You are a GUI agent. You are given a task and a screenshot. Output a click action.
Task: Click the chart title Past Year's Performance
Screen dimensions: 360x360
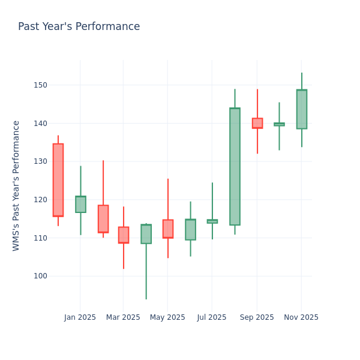79,27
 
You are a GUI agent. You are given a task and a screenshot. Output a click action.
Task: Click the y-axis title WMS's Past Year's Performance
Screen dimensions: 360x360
16,185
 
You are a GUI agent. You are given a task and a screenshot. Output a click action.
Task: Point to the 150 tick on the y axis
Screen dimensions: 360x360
41,85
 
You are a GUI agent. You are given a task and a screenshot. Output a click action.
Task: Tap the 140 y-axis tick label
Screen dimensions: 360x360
41,123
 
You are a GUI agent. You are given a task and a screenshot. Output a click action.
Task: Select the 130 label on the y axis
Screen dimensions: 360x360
41,161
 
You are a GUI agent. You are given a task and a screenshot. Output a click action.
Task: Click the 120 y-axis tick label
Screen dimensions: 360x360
41,200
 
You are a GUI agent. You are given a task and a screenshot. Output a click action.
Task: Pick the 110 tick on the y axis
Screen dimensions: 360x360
41,238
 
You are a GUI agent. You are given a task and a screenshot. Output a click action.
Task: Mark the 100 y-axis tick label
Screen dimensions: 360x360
41,276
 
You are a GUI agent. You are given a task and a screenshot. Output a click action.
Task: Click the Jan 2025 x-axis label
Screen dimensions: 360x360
80,317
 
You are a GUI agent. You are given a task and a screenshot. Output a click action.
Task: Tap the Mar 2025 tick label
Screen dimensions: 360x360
123,317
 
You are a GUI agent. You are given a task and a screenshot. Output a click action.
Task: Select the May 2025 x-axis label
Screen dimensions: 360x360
167,317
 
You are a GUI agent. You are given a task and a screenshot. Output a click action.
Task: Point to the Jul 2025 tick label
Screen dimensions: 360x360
212,317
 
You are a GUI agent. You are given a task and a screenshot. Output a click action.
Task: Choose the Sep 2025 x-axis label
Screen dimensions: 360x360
257,317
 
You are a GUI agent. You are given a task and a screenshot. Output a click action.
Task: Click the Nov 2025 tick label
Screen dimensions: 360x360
301,317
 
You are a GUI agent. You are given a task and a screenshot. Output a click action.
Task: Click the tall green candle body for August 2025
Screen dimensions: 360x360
235,166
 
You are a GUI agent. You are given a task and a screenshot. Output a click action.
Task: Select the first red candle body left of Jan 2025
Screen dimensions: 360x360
58,180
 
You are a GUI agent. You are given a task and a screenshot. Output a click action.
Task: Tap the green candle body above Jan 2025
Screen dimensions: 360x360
80,204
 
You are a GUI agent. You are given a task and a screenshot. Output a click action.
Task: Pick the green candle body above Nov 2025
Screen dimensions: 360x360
301,109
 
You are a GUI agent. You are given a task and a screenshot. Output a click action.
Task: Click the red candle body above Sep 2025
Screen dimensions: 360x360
257,123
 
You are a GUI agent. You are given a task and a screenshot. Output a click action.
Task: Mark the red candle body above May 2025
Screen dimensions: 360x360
167,229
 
